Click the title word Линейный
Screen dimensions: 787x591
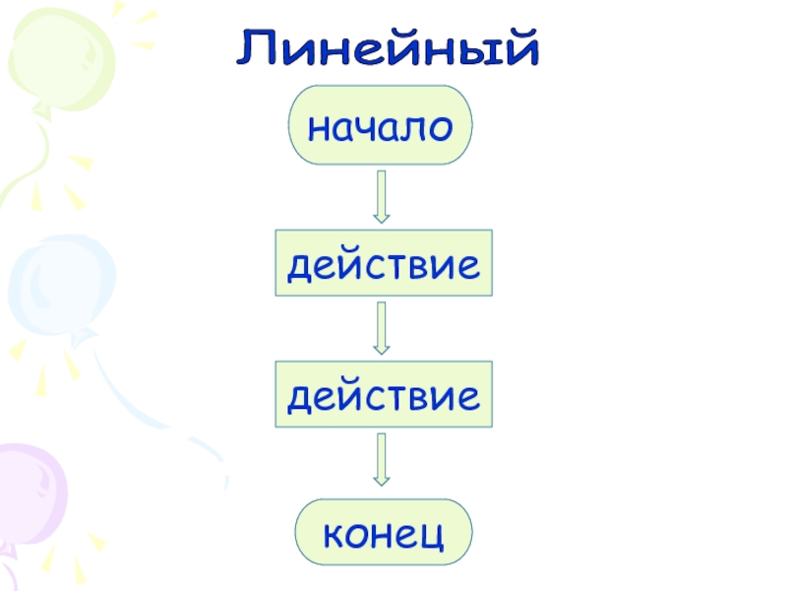[x=388, y=49]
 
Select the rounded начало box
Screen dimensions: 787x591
[x=380, y=125]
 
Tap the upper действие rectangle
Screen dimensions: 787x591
[x=383, y=264]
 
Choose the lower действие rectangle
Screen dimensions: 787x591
[x=383, y=394]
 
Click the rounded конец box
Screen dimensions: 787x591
[x=384, y=533]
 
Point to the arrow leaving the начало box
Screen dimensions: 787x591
[x=382, y=196]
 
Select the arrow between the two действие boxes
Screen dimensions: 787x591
[x=382, y=328]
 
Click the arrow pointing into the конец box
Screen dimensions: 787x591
[x=382, y=459]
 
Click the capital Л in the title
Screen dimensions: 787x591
[x=258, y=49]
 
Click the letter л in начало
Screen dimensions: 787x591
[x=413, y=128]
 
